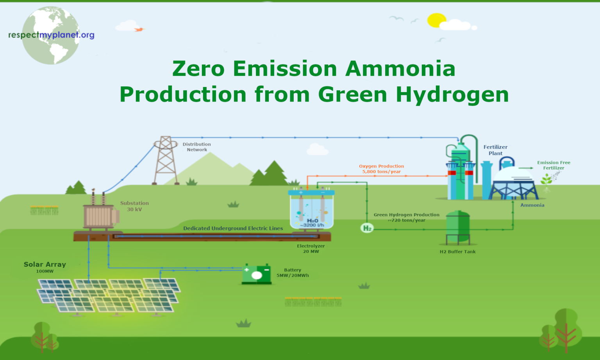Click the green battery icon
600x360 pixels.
point(257,274)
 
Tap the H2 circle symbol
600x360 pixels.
point(367,228)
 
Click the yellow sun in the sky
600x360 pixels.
point(436,20)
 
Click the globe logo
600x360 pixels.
point(51,36)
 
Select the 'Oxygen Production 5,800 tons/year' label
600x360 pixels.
point(381,169)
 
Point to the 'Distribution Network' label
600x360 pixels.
point(196,147)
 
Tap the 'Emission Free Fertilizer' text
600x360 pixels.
point(554,165)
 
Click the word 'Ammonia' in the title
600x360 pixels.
point(400,69)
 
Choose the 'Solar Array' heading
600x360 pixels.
point(45,264)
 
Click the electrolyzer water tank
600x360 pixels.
point(311,211)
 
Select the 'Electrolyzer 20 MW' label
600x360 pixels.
point(311,249)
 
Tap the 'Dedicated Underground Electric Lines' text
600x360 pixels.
point(233,228)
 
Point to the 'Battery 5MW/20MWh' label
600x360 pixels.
point(293,273)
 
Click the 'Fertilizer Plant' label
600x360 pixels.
point(495,150)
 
